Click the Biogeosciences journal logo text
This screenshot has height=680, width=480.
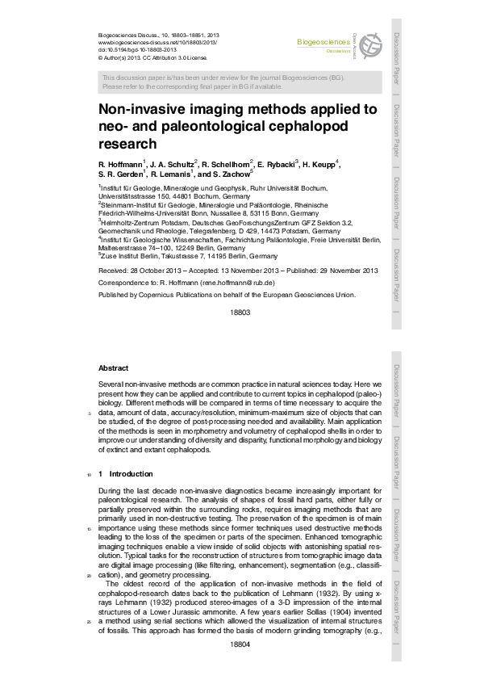point(323,40)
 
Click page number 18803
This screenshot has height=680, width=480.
point(240,312)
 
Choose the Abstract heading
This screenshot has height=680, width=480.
point(112,368)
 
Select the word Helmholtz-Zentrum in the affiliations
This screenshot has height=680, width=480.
point(128,222)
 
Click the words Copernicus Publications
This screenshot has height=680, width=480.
point(177,295)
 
